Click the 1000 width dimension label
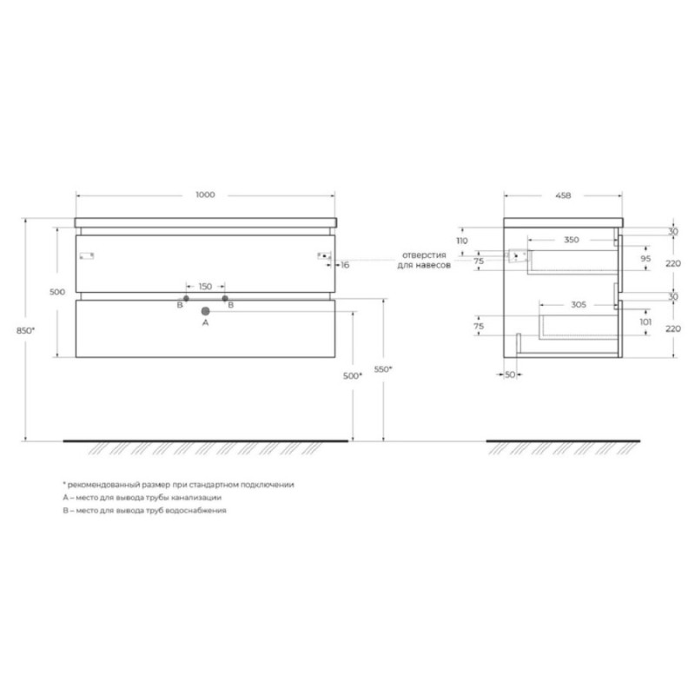[x=205, y=195]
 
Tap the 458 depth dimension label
[x=563, y=195]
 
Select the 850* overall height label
[x=26, y=331]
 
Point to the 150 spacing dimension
[x=205, y=287]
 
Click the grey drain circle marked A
[x=205, y=311]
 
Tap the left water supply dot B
[x=186, y=299]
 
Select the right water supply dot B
[x=225, y=299]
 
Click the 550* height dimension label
[x=383, y=368]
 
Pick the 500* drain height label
[x=353, y=376]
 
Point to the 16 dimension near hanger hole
[x=345, y=265]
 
